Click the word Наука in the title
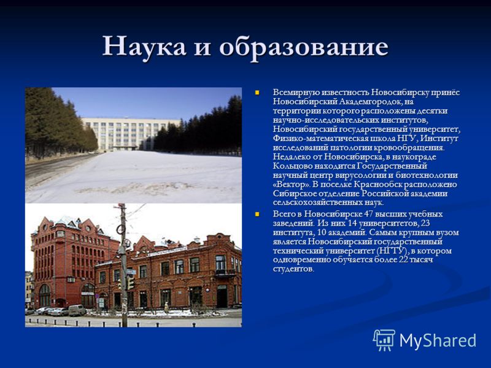144,46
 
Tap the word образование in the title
304,47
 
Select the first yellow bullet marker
257,93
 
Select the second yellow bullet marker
257,214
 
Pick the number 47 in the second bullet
368,214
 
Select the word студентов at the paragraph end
293,269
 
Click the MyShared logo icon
384,340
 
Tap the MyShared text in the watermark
438,340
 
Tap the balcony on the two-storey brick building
225,273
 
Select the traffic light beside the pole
130,283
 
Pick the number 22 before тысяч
403,260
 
